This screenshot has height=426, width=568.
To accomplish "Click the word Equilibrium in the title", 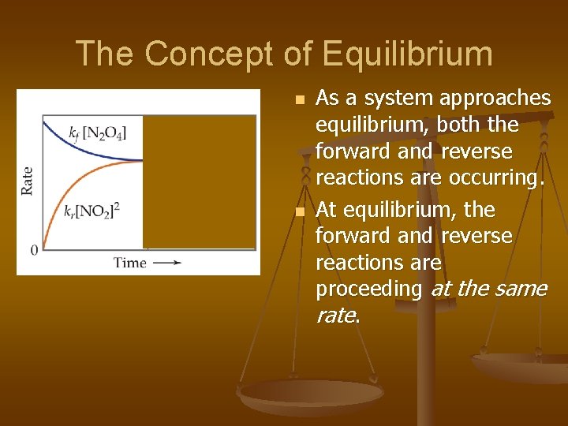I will pos(407,54).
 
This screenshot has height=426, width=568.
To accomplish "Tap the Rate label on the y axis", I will pos(28,181).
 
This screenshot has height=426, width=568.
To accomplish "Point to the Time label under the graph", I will pos(129,263).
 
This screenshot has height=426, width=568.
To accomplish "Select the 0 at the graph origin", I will pos(34,250).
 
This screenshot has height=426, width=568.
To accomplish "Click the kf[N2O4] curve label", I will pos(97,132).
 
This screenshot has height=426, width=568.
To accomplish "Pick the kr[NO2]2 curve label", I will pos(91,211).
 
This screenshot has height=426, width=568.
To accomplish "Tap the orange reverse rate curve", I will pos(63,201).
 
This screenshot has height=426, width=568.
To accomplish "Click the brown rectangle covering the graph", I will pos(199,181).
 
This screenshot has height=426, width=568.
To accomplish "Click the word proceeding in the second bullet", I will pos(369,289).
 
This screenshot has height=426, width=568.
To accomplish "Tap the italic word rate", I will pos(334,316).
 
